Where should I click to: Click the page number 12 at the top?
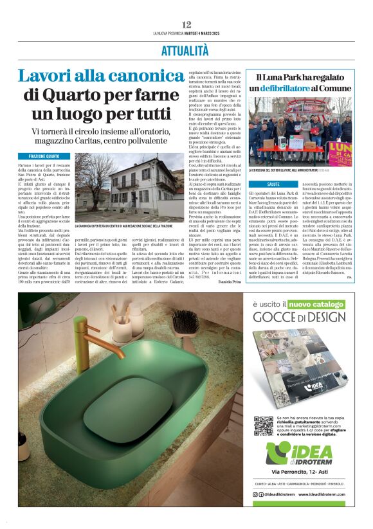pyautogui.click(x=186, y=24)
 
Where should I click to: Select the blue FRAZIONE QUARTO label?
pyautogui.click(x=44, y=156)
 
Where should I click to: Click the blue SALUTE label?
pyautogui.click(x=273, y=184)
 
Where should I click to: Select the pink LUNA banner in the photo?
pyautogui.click(x=339, y=152)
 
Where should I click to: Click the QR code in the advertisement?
pyautogui.click(x=264, y=426)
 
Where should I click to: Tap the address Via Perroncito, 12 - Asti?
pyautogui.click(x=299, y=472)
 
